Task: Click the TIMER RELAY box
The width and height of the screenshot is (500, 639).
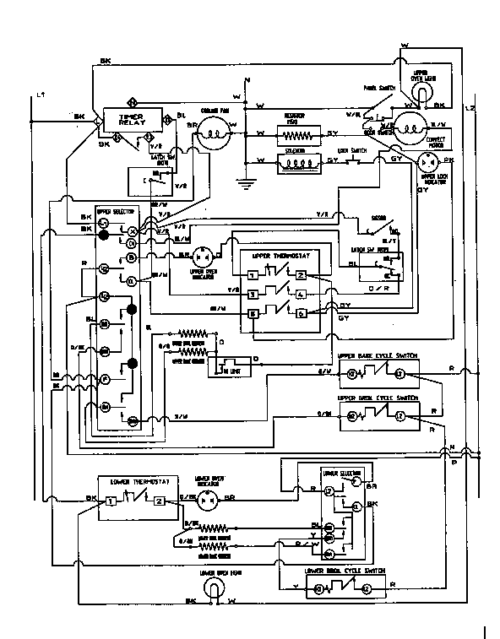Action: tap(133, 122)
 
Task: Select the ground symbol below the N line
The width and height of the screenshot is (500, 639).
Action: tap(246, 179)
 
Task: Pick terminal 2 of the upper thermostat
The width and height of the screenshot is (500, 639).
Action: tap(301, 275)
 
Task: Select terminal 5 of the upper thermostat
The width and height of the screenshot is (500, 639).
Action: tap(253, 312)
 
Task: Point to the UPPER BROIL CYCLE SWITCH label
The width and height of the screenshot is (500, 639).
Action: tap(377, 396)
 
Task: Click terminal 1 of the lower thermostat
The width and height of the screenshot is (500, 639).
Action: tap(110, 501)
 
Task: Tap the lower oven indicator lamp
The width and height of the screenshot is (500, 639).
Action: tap(203, 500)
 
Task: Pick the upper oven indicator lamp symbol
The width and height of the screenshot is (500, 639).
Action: tap(203, 256)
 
